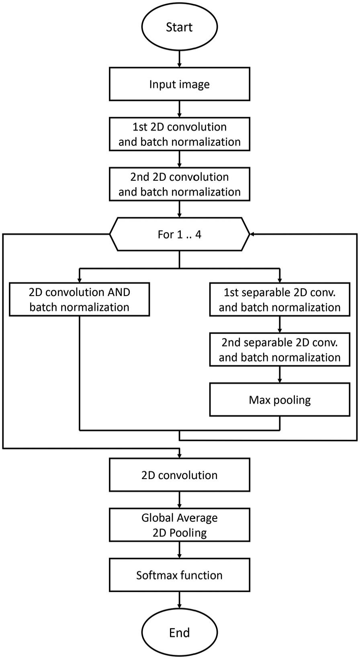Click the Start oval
click(180, 27)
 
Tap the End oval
click(180, 632)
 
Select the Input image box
click(180, 84)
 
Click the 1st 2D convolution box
click(180, 134)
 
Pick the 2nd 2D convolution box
click(180, 184)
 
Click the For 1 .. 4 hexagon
click(180, 234)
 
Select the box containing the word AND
click(80, 300)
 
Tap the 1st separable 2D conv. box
click(280, 300)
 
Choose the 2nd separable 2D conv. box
click(280, 349)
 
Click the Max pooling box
click(280, 400)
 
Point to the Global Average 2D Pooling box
click(180, 525)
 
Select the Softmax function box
click(180, 575)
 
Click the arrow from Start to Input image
click(180, 59)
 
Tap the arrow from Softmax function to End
click(180, 600)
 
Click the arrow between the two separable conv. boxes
click(280, 324)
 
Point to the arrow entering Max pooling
click(280, 375)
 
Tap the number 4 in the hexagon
click(198, 235)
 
